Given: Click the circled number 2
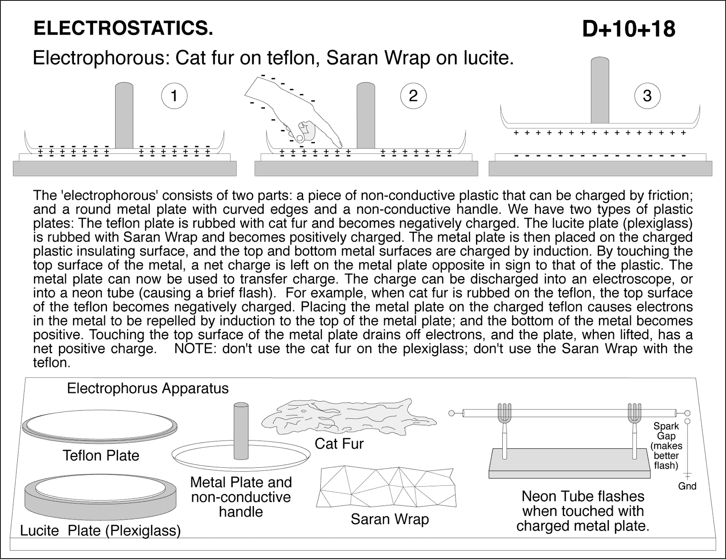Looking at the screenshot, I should click(413, 96).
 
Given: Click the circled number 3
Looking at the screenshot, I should click(647, 96).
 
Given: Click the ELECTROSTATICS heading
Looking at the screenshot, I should click(123, 29).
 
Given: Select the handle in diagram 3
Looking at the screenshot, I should click(599, 91).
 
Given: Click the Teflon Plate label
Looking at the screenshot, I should click(101, 455).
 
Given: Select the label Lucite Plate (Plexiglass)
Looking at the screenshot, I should click(100, 530).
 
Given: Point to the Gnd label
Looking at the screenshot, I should click(687, 486).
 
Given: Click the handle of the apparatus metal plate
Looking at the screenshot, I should click(240, 431).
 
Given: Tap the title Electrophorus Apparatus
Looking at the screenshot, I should click(147, 389).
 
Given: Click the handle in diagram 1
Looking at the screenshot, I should click(124, 116).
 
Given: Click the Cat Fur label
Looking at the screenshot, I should click(339, 444).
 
